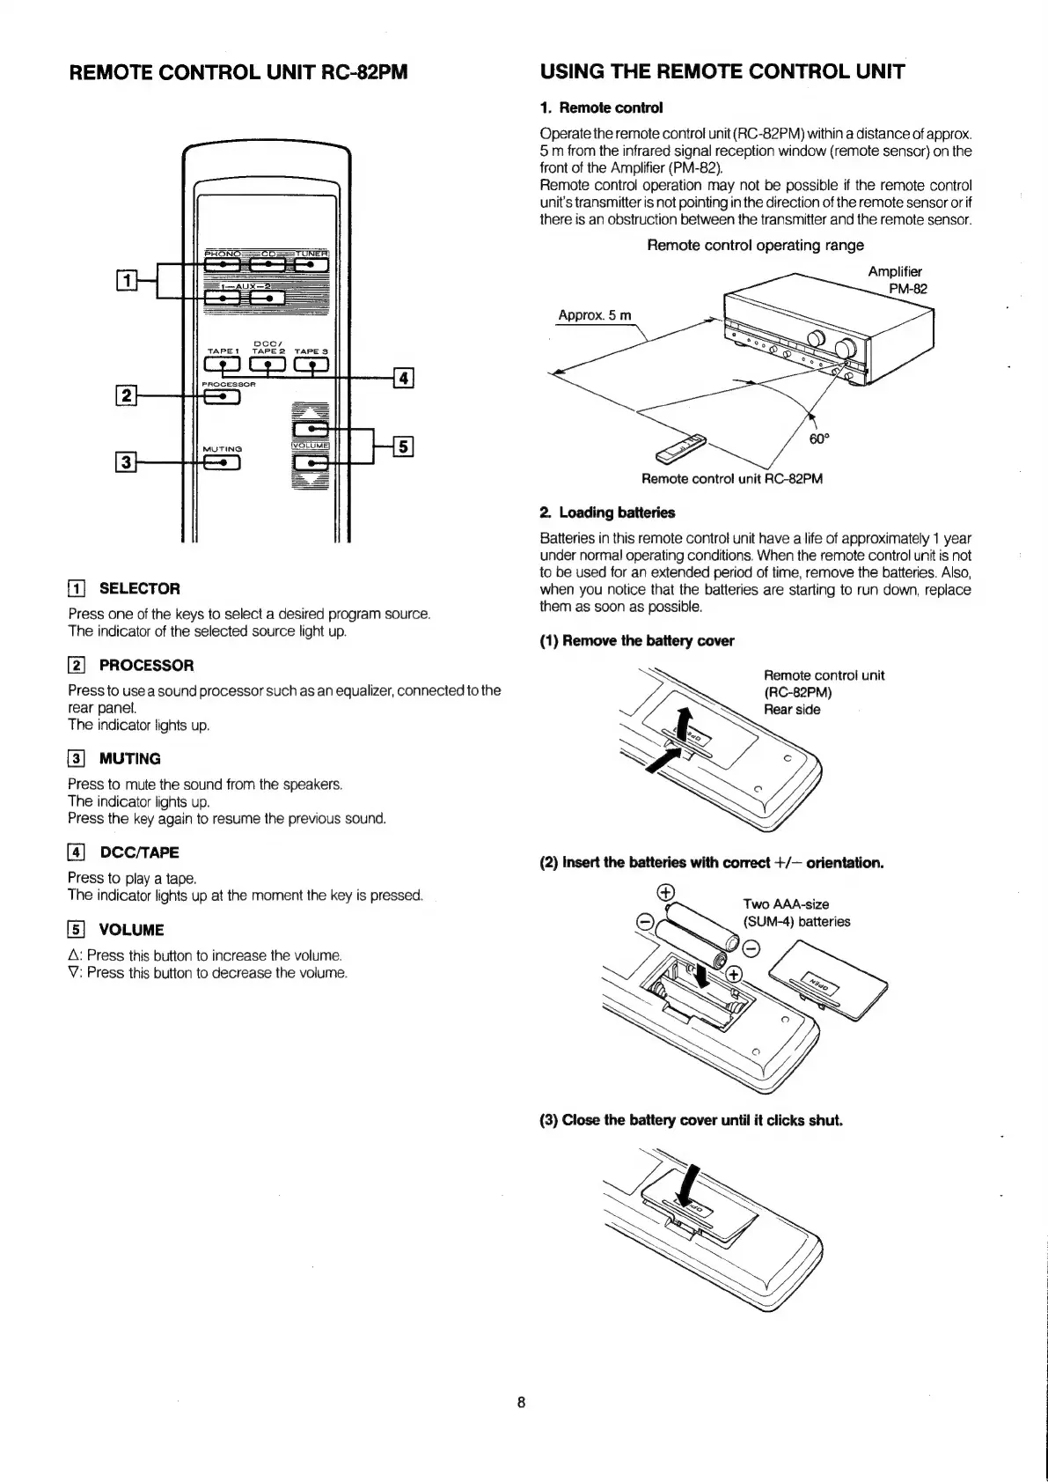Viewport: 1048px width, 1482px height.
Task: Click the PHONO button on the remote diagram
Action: [223, 263]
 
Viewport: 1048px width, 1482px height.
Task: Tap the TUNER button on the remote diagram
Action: [311, 263]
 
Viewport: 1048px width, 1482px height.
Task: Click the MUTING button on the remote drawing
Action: [223, 461]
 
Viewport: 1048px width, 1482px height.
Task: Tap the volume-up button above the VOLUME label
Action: [311, 429]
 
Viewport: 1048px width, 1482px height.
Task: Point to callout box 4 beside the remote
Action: [403, 379]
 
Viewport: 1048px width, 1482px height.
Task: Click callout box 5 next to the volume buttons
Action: [403, 446]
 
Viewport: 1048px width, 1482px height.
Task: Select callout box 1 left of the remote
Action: [127, 281]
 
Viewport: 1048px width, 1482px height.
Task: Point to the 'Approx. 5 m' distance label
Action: [595, 315]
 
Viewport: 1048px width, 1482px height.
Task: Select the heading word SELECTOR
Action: [139, 588]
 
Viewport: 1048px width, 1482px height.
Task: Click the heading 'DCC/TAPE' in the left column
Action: [139, 852]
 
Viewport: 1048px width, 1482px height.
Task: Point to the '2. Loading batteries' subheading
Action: [607, 512]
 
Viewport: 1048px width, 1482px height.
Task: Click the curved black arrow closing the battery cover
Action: [691, 1185]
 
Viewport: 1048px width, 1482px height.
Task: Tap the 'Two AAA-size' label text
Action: [786, 904]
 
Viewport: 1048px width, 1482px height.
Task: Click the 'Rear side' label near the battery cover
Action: [792, 710]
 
